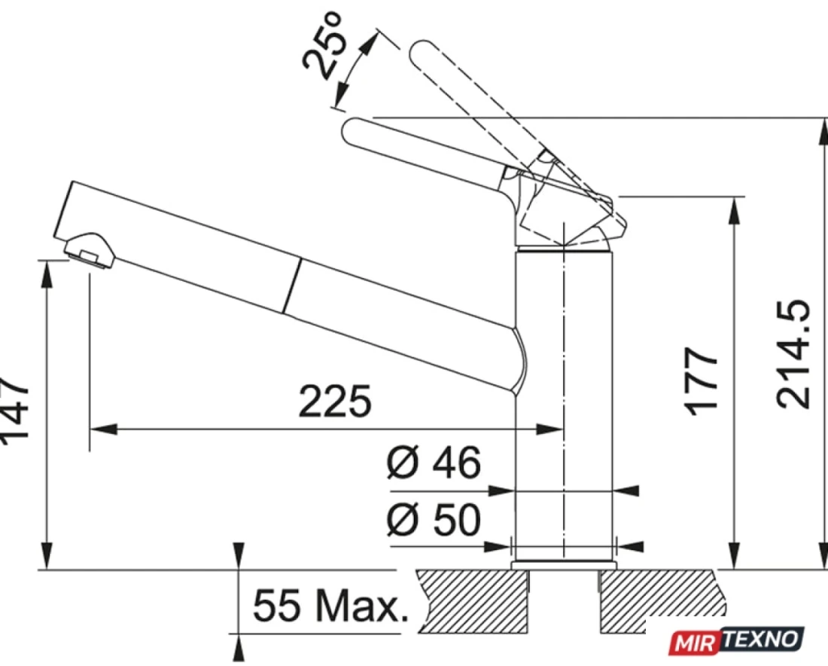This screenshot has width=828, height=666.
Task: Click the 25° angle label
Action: tap(324, 46)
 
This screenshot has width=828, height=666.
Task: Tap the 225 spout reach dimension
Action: tap(335, 402)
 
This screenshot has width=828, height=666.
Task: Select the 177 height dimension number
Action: tap(702, 380)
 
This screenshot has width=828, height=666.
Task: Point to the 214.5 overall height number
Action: tap(793, 353)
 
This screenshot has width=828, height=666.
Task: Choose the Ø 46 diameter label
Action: tap(434, 463)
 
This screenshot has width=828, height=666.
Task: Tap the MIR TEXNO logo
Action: tap(737, 640)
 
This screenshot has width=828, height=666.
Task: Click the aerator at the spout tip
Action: tap(89, 251)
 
